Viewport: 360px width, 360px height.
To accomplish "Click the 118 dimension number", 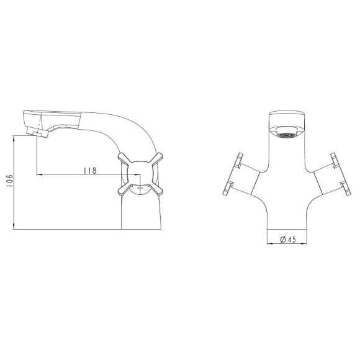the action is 90,171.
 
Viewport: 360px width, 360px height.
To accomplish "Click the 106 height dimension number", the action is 10,181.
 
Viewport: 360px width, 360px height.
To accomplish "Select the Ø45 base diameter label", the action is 288,240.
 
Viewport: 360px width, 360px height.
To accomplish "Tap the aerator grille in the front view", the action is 287,136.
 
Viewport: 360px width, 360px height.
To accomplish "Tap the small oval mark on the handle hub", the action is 140,188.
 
